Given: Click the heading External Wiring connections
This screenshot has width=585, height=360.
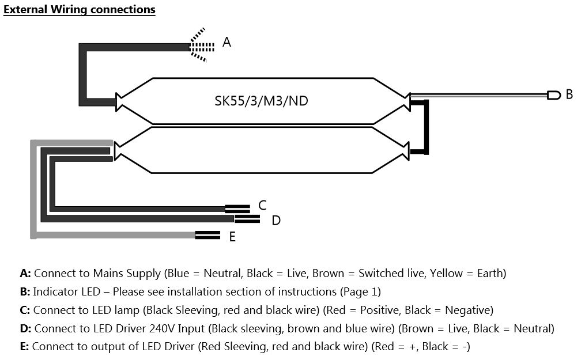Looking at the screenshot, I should (x=80, y=10).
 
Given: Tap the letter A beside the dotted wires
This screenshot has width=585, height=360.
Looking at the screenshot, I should (x=227, y=42).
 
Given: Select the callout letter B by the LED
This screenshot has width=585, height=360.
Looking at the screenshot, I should (x=569, y=94).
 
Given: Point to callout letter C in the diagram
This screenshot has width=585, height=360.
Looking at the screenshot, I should (x=262, y=205).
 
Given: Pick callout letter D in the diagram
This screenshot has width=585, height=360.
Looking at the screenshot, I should (x=276, y=220).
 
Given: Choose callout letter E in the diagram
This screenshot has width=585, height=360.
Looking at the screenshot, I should (x=232, y=237).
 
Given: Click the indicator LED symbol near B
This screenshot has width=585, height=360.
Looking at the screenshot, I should (x=553, y=94).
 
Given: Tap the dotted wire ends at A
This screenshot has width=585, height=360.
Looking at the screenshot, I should (x=202, y=45).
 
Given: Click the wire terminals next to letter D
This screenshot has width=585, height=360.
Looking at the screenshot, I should (x=247, y=218).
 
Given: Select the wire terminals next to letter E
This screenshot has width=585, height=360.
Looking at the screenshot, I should (x=207, y=234).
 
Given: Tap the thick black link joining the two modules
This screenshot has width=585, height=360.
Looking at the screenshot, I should (x=427, y=127).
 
